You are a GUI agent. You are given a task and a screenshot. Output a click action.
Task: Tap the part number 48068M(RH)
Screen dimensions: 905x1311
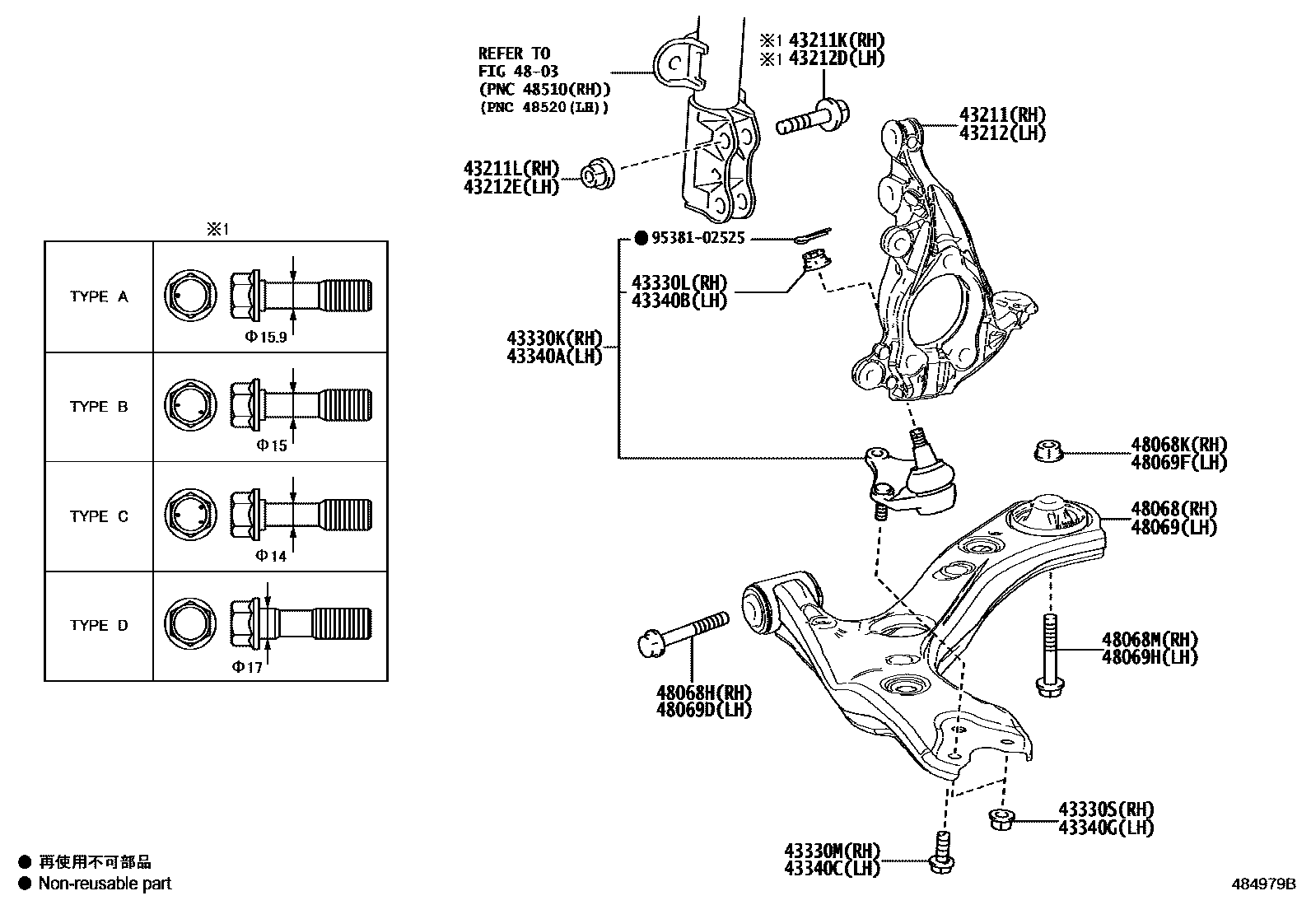(1150, 640)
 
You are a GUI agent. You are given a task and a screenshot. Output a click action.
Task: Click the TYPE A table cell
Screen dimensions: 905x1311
(99, 296)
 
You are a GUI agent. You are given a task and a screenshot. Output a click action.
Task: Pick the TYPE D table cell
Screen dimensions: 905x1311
(99, 625)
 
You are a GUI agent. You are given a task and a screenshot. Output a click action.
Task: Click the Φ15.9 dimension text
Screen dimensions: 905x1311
(265, 336)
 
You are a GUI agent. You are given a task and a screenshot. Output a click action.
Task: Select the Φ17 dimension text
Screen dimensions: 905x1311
(247, 667)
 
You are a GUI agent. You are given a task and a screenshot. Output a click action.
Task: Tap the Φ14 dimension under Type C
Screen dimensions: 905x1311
(271, 556)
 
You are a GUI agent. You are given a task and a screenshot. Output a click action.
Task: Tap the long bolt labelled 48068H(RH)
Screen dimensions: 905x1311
(683, 633)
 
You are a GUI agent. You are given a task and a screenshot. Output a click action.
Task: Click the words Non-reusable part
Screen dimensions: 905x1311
(105, 884)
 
